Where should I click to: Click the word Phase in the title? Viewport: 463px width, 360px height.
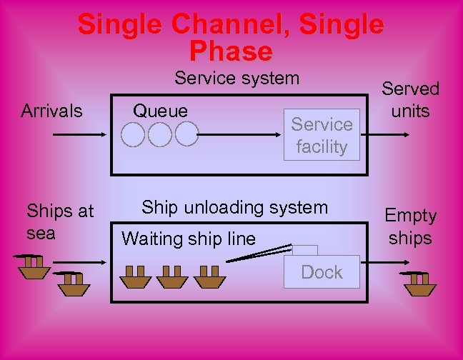tap(231, 51)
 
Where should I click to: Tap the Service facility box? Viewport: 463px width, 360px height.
tap(322, 135)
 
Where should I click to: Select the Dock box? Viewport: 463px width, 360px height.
tap(322, 272)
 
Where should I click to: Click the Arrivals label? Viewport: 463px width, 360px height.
tap(51, 111)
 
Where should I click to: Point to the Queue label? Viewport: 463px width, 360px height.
tap(161, 110)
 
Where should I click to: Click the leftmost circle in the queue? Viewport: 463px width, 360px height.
tap(133, 134)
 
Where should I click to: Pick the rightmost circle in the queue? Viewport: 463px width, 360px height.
tap(186, 134)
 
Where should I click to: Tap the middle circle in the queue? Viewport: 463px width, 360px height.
tap(159, 134)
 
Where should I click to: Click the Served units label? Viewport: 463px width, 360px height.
tap(410, 100)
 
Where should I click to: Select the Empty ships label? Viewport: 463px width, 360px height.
tap(410, 226)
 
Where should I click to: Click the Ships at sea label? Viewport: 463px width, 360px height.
tap(60, 221)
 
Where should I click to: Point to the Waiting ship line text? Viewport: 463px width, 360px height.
tap(189, 239)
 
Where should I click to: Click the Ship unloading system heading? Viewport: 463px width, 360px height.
tap(234, 208)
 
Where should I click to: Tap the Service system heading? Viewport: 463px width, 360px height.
tap(237, 78)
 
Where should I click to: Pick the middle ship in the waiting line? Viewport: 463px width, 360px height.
tap(172, 277)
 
